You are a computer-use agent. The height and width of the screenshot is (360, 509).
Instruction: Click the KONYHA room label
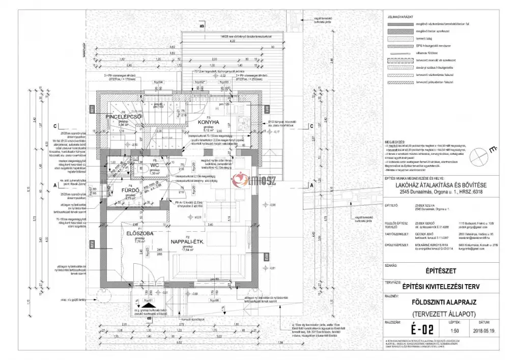tap(209, 122)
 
